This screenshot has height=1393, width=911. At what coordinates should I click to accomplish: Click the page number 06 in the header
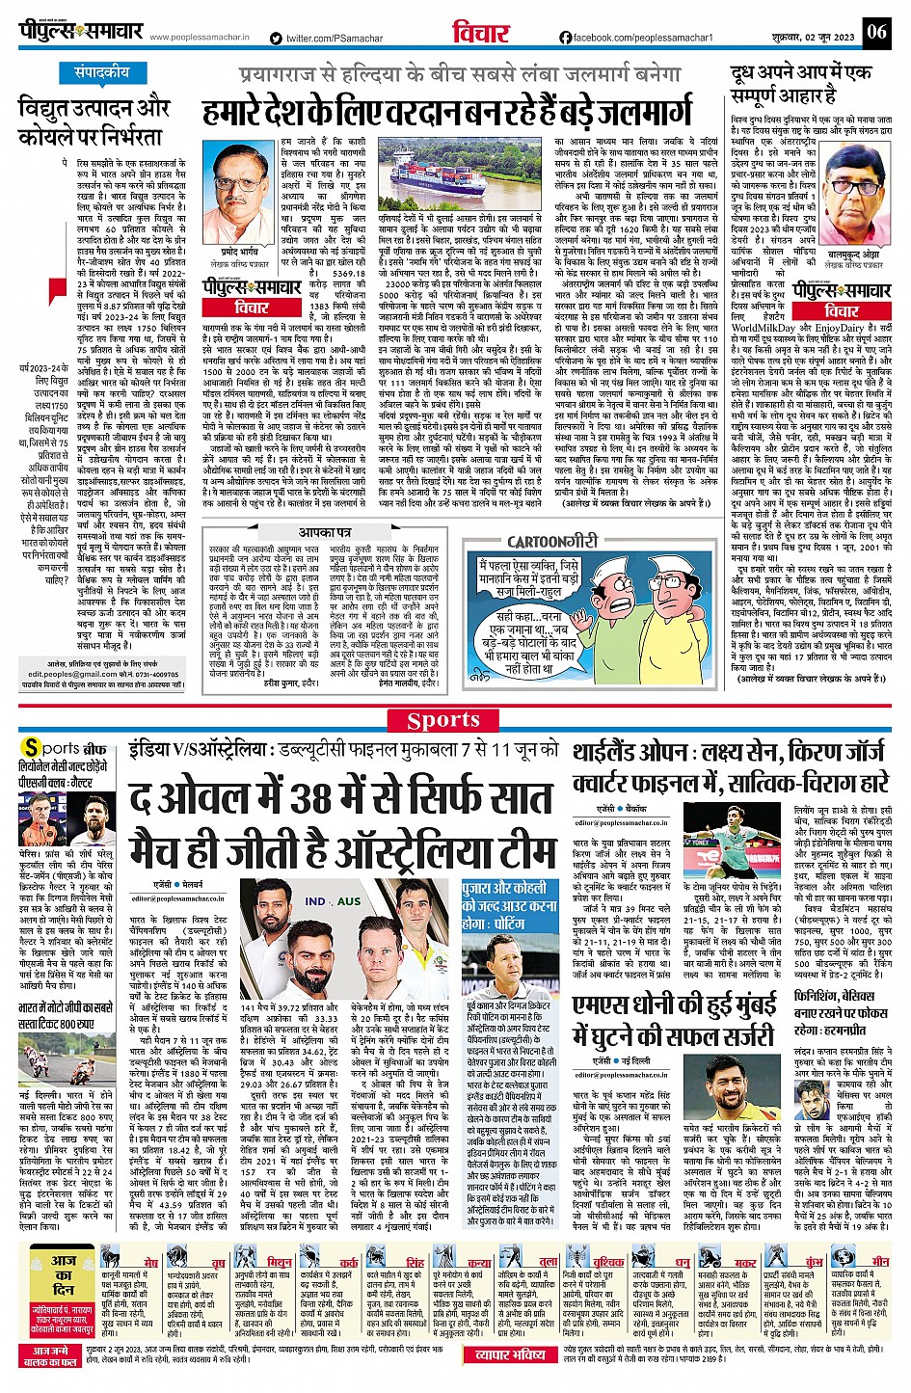click(x=875, y=31)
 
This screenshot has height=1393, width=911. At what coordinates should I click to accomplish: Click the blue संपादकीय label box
click(x=102, y=73)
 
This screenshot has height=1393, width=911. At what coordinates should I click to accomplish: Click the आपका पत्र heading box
click(x=324, y=533)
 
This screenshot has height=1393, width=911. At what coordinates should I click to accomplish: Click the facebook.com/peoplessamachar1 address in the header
click(x=636, y=38)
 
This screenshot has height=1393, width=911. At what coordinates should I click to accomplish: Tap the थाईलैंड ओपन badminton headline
click(x=731, y=766)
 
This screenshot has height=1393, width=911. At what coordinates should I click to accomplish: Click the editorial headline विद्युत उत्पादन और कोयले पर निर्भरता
click(x=94, y=121)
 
